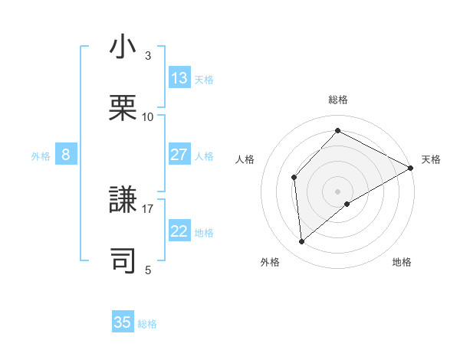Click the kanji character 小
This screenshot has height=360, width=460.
click(123, 47)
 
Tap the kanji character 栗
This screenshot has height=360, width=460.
click(123, 108)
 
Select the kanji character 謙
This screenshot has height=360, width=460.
click(123, 200)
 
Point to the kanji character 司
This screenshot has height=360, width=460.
click(123, 261)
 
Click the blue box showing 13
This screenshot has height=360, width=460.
click(179, 78)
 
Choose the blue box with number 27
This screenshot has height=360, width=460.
click(179, 155)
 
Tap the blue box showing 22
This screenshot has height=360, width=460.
click(179, 231)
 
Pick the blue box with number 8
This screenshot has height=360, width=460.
click(66, 155)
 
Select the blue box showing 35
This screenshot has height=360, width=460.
click(123, 322)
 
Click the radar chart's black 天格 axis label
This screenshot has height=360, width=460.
click(431, 159)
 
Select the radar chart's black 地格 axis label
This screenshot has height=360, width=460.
click(402, 262)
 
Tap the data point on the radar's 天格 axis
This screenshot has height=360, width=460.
click(411, 168)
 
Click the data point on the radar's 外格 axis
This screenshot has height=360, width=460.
click(302, 242)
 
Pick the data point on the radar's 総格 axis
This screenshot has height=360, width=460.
click(337, 131)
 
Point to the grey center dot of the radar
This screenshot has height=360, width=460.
click(337, 191)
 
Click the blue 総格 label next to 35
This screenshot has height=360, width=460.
click(147, 324)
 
